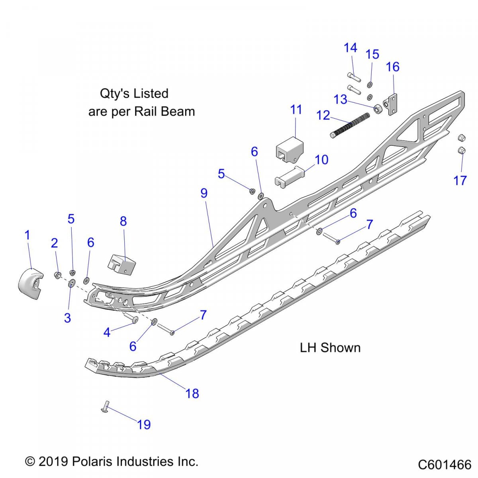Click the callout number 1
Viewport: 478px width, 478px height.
[27, 235]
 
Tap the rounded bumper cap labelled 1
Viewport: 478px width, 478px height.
[30, 284]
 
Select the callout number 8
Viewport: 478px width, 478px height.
[123, 221]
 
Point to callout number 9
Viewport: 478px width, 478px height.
[204, 193]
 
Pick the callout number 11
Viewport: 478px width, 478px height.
[296, 110]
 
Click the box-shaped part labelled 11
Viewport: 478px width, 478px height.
[289, 149]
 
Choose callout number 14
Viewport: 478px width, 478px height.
[351, 48]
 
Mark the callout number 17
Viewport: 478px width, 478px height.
[460, 180]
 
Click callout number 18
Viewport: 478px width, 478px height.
[192, 394]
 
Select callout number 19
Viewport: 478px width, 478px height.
[144, 425]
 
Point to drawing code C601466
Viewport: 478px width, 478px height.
[445, 464]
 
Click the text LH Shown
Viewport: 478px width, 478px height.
[330, 348]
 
